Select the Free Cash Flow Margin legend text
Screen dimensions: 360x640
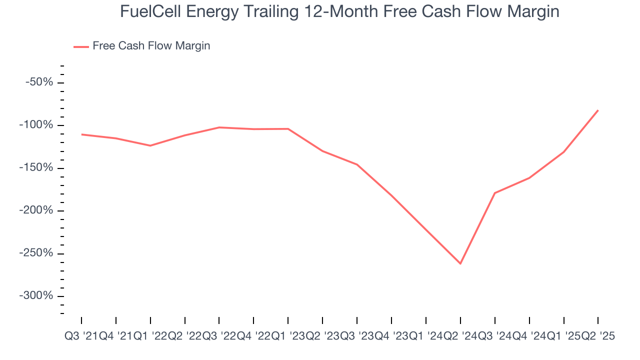[x=151, y=46]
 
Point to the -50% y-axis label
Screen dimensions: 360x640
[x=39, y=82]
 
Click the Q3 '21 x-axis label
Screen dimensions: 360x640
[x=81, y=336]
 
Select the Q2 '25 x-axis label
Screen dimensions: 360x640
[x=598, y=336]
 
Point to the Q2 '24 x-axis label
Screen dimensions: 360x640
[x=460, y=336]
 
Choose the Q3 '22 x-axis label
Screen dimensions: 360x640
[x=219, y=336]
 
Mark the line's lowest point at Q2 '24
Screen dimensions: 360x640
[x=460, y=263]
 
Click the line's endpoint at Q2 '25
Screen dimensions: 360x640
[x=598, y=110]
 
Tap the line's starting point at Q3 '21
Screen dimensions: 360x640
[x=81, y=134]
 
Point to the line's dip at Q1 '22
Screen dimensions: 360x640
[x=150, y=145]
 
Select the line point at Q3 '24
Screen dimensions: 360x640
[x=494, y=193]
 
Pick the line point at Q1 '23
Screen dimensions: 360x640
[x=288, y=129]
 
